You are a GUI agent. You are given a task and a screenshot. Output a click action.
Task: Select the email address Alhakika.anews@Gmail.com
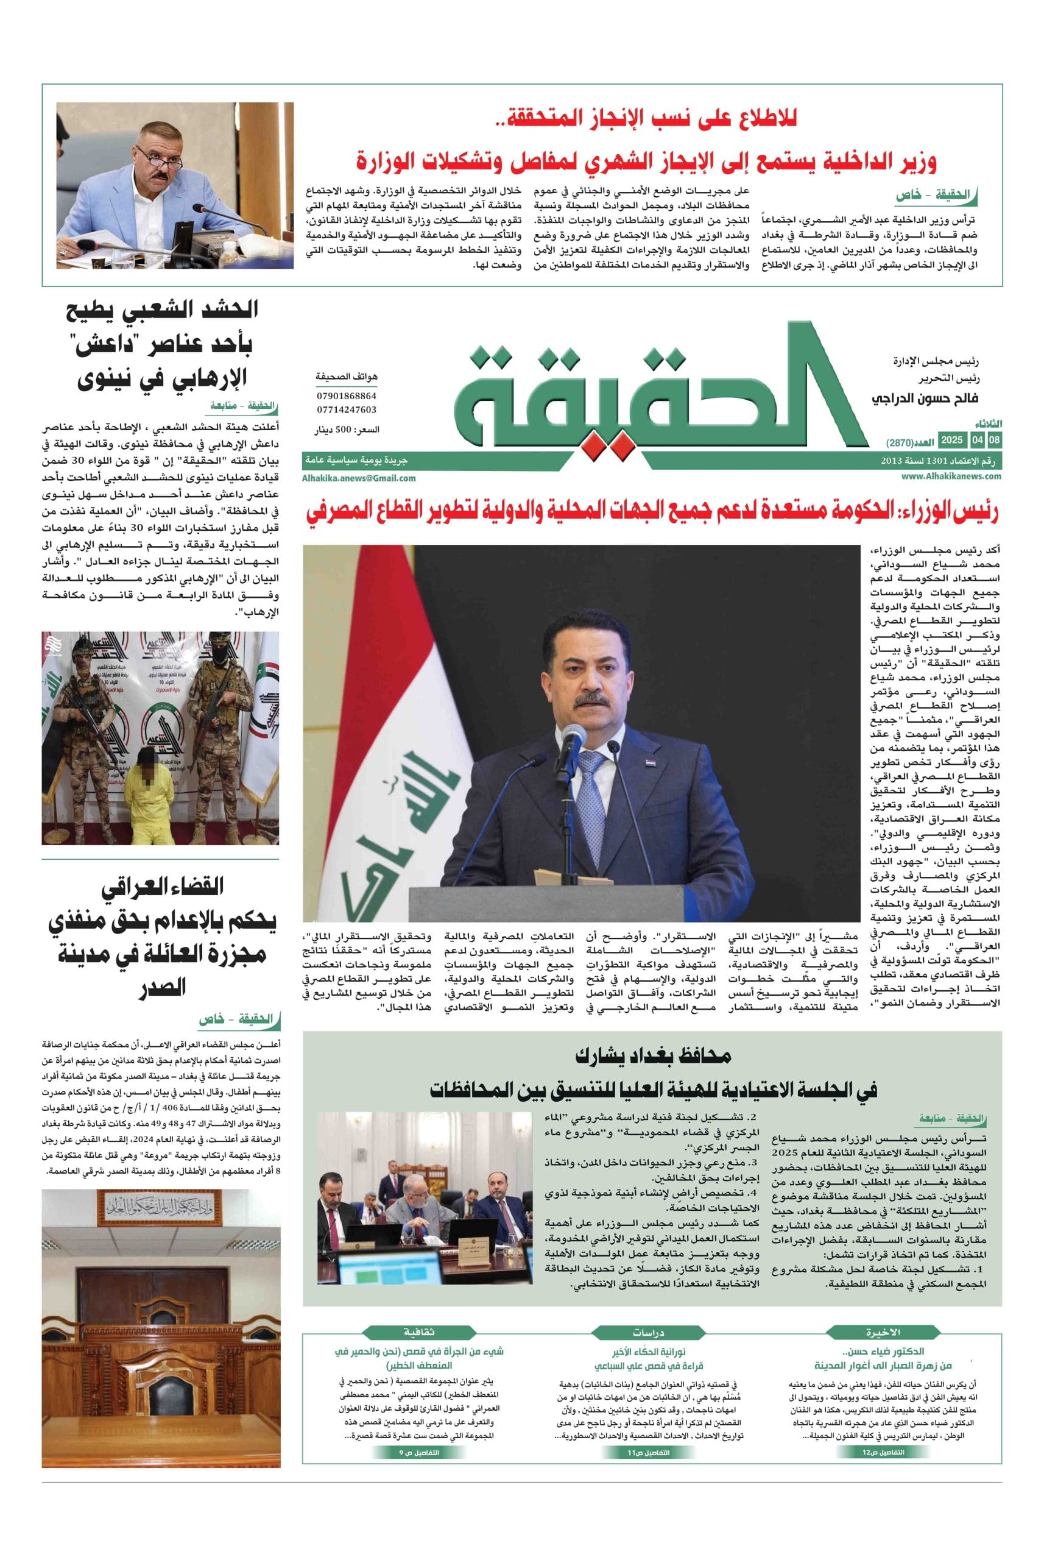click(x=359, y=478)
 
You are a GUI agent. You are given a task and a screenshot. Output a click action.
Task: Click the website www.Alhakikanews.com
click(x=951, y=477)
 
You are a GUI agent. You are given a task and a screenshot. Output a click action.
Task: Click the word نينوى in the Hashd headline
click(x=101, y=380)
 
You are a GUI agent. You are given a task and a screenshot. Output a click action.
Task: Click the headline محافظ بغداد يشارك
click(x=652, y=1057)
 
